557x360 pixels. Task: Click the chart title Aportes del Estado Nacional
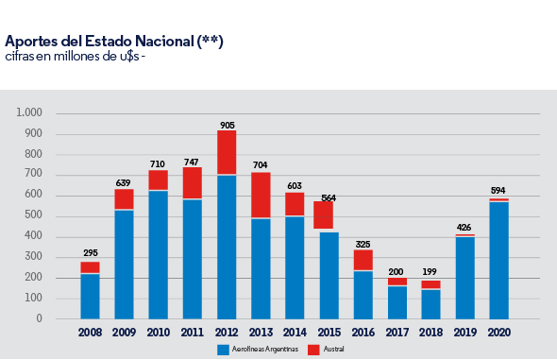click(114, 42)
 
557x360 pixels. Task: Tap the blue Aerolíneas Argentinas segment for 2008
click(90, 296)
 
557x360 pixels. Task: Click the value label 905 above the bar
click(227, 125)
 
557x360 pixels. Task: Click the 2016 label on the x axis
click(363, 333)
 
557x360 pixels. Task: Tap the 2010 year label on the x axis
click(159, 333)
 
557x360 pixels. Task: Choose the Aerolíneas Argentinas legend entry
click(254, 349)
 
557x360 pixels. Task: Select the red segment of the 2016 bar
click(363, 260)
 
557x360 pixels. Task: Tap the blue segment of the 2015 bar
click(329, 275)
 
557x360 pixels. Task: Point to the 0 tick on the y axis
click(40, 319)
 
